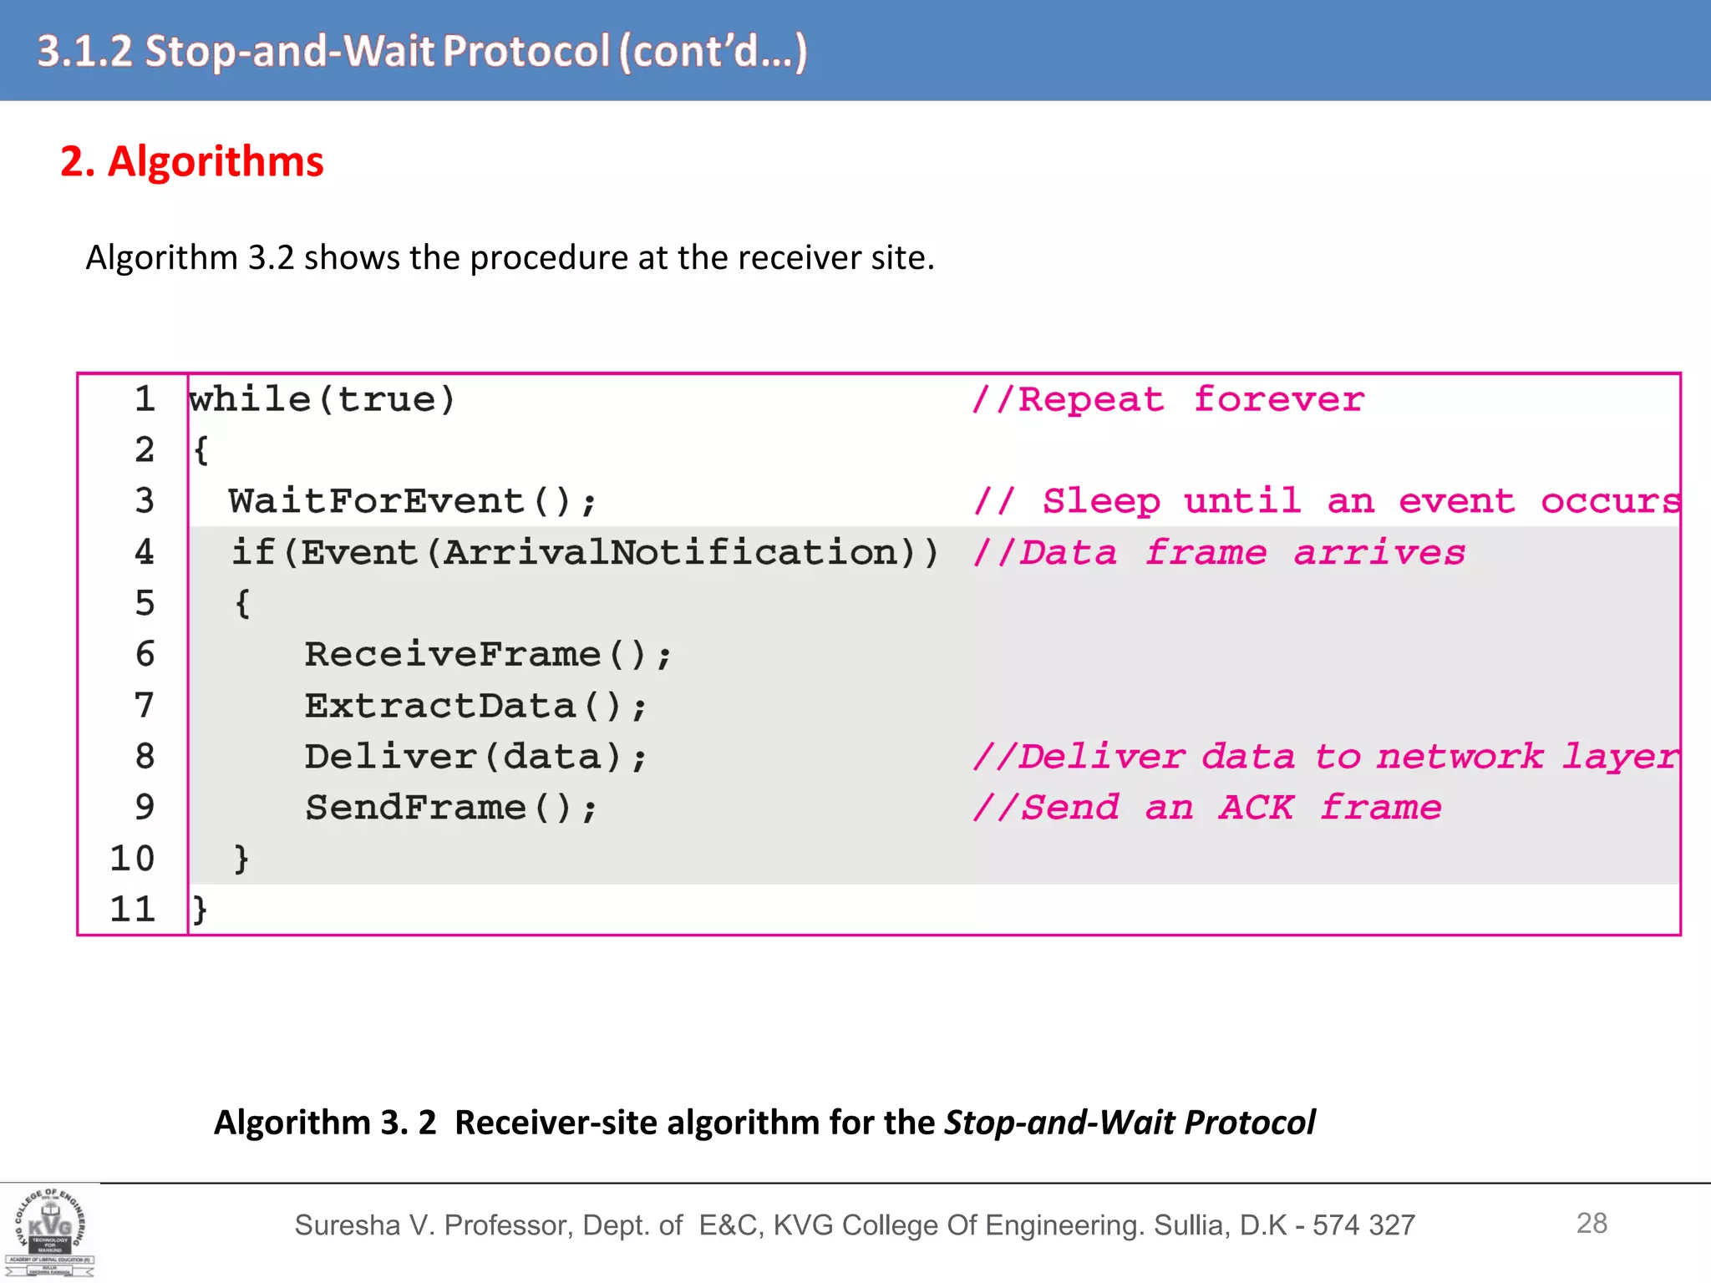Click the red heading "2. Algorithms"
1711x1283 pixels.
(191, 161)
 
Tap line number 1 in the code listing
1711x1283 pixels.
(145, 399)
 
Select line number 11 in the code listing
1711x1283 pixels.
(133, 909)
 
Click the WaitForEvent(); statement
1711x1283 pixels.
(413, 502)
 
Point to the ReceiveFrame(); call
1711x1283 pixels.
(487, 655)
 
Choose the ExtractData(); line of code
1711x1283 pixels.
(475, 707)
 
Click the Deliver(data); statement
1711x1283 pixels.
(475, 758)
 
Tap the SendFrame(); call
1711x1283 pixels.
(450, 809)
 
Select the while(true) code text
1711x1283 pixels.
(322, 400)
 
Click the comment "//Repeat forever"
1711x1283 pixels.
(1168, 400)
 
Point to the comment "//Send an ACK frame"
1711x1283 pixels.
(1207, 809)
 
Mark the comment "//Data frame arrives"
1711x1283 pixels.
(1219, 553)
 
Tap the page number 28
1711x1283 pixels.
(1591, 1224)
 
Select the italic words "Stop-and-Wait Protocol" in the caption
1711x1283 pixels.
(1130, 1123)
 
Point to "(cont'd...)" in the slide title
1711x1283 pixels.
(713, 52)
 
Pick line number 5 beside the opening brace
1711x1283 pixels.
(145, 604)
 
